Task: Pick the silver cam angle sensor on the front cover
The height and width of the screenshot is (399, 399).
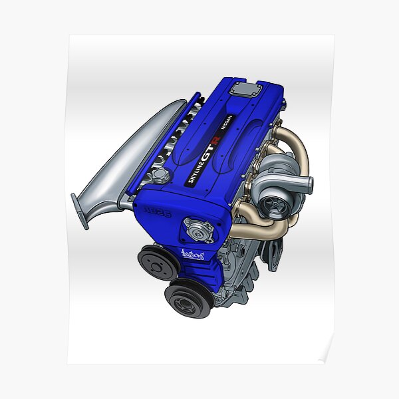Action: click(x=199, y=229)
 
